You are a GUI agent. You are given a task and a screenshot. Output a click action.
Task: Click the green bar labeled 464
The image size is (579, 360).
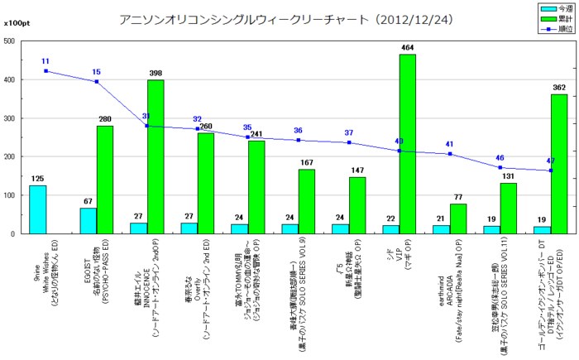pyautogui.click(x=407, y=144)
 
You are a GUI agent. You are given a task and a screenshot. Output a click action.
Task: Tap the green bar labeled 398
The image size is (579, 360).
pyautogui.click(x=156, y=157)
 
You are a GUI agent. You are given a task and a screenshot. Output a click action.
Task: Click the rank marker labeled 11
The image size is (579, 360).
pyautogui.click(x=45, y=71)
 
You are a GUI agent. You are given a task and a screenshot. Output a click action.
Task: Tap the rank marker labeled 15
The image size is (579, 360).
pyautogui.click(x=96, y=81)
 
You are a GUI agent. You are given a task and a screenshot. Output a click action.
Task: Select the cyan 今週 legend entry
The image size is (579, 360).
pyautogui.click(x=551, y=8)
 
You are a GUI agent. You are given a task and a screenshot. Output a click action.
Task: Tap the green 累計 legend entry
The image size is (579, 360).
pyautogui.click(x=551, y=17)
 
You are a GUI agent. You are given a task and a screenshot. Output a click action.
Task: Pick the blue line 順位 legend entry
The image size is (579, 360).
pyautogui.click(x=551, y=27)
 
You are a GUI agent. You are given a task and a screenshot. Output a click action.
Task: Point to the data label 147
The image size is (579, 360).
pyautogui.click(x=357, y=147)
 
